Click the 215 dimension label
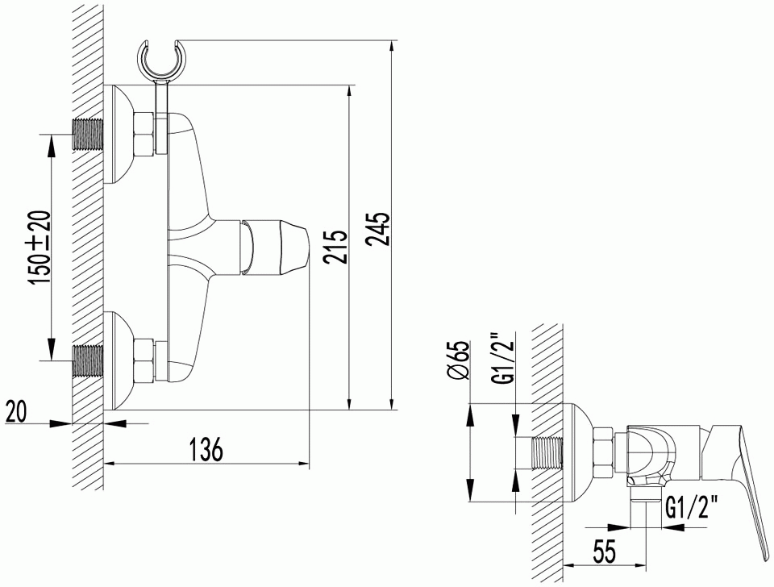pos(335,246)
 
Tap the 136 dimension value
pos(206,449)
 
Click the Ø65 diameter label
pos(459,361)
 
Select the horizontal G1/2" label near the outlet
pos(691,507)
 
